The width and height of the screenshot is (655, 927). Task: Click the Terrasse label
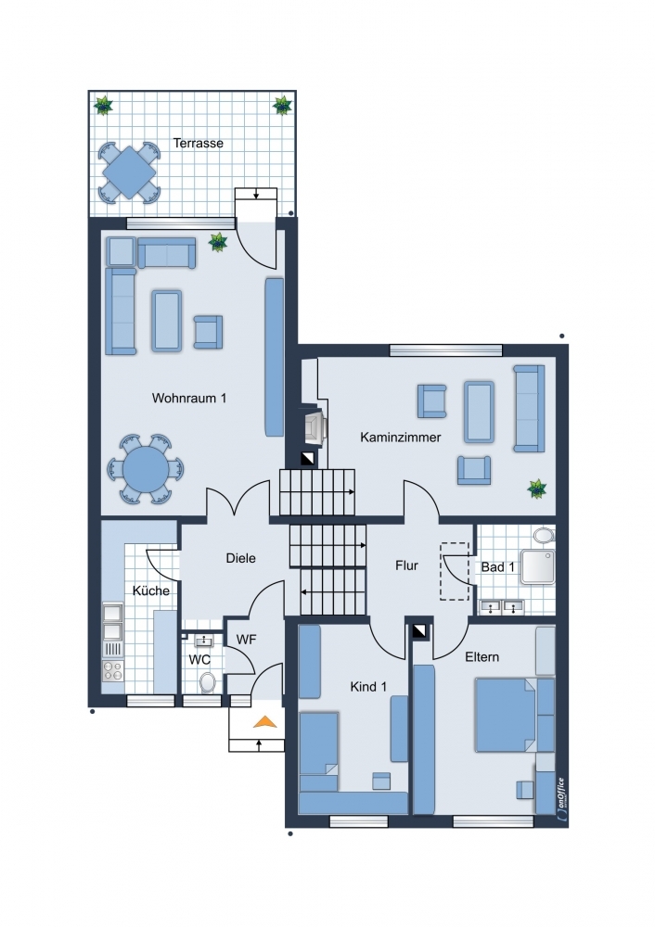coord(199,143)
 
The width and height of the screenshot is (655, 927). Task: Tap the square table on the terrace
coord(129,172)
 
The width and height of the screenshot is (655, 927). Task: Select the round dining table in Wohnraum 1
coord(146,469)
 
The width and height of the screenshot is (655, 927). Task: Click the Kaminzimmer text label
coord(401,438)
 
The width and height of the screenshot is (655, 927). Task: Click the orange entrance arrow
coord(265,722)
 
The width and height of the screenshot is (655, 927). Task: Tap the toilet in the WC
coord(208,681)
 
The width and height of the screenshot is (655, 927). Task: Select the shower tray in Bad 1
coord(538,567)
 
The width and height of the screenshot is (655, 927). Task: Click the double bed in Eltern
coord(507,715)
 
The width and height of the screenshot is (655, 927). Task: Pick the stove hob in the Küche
coord(112,670)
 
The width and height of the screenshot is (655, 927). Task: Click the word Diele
coord(241,558)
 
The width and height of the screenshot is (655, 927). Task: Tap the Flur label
coord(406,565)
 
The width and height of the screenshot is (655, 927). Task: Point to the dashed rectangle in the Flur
coord(455,572)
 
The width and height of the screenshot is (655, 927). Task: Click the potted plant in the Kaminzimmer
coord(537,489)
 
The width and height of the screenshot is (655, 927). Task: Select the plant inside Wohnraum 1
coord(218,242)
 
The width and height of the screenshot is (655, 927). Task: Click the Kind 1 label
coord(368,686)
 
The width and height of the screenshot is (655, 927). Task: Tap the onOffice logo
coord(561,799)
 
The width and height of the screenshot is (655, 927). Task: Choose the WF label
coord(246,639)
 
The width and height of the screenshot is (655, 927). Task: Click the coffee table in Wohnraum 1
coord(166,321)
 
